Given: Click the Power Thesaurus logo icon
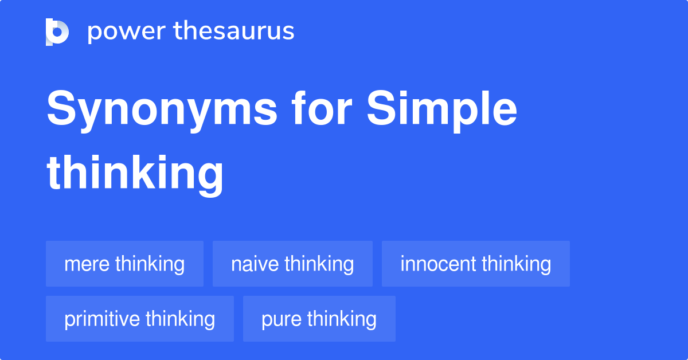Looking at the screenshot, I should (x=57, y=32).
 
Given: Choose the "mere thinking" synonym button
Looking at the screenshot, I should (x=124, y=264).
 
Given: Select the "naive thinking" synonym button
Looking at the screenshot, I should (x=292, y=264).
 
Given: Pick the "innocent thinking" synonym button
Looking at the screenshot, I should (x=475, y=264).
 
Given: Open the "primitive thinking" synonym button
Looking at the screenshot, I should (x=139, y=319).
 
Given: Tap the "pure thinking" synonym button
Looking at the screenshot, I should (x=319, y=319).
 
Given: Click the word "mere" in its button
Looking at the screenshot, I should (x=87, y=264).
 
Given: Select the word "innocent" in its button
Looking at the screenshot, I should (x=438, y=264).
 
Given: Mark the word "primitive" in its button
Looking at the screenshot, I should (x=102, y=319).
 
